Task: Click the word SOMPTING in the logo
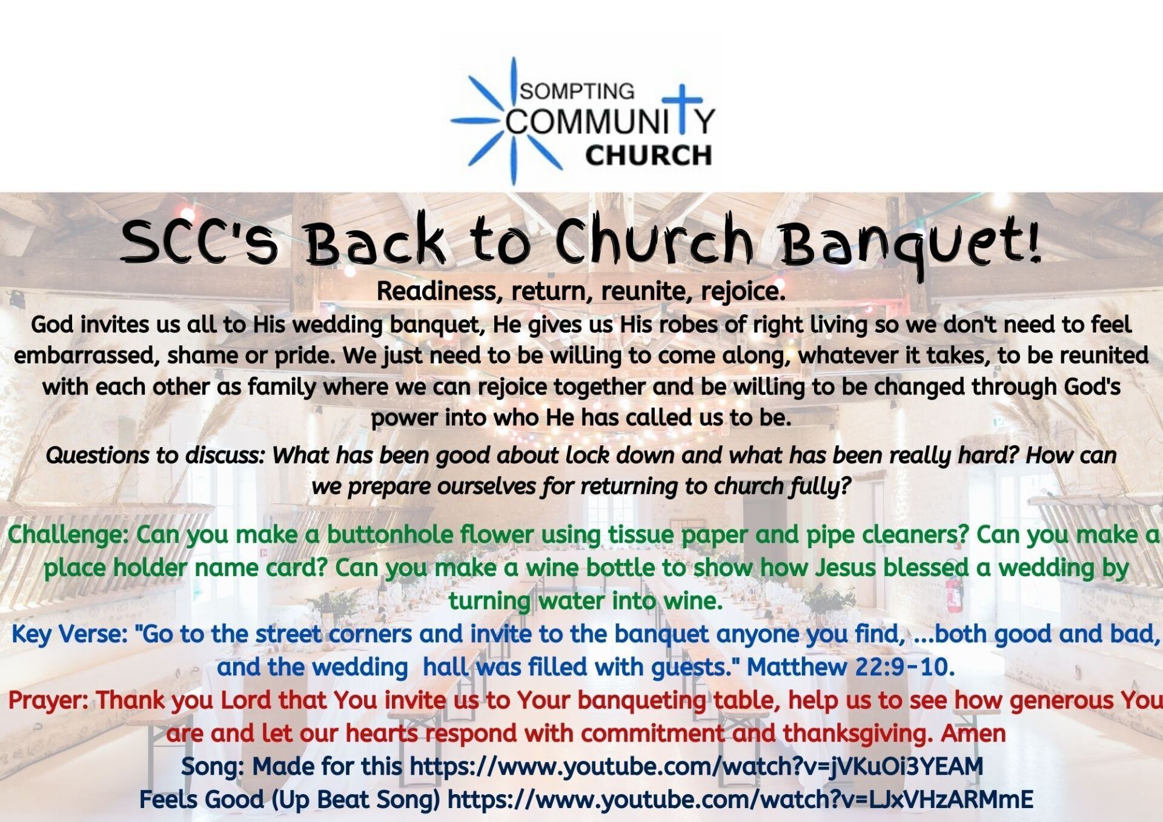[577, 91]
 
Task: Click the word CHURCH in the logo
[648, 155]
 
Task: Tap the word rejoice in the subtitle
[743, 292]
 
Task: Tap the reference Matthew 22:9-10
[850, 667]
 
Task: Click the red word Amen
[973, 733]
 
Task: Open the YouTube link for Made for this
[697, 766]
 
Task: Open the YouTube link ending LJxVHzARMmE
[740, 800]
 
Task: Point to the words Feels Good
[202, 800]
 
